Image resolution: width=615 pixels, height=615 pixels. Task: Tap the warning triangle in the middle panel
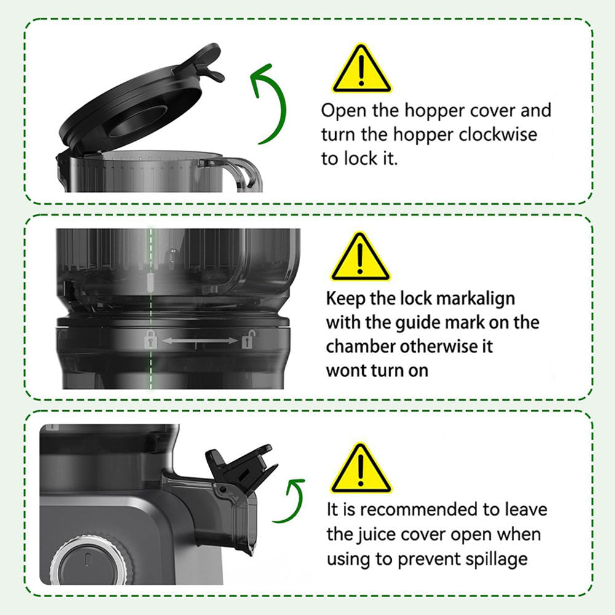pyautogui.click(x=360, y=258)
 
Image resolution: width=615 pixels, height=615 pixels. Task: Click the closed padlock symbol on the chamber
pyautogui.click(x=149, y=338)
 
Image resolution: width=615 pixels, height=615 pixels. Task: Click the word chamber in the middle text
pyautogui.click(x=360, y=346)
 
